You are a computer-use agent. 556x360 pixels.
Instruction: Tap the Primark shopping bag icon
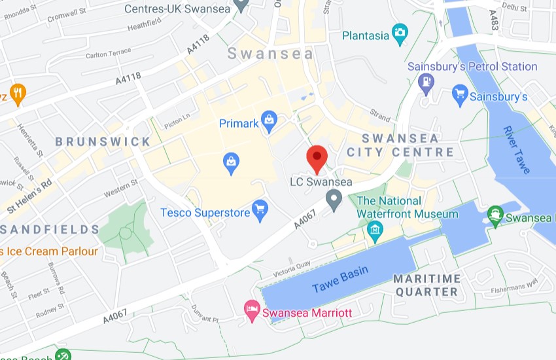268,120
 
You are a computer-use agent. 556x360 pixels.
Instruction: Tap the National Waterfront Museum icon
375,229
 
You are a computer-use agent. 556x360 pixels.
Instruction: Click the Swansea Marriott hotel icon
251,310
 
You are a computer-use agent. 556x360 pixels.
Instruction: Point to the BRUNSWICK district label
103,141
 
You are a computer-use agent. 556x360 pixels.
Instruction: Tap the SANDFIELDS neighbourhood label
50,229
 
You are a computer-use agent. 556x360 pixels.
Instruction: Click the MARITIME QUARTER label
426,285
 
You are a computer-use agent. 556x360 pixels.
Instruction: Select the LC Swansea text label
321,182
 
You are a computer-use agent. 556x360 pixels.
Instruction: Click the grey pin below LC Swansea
334,199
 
